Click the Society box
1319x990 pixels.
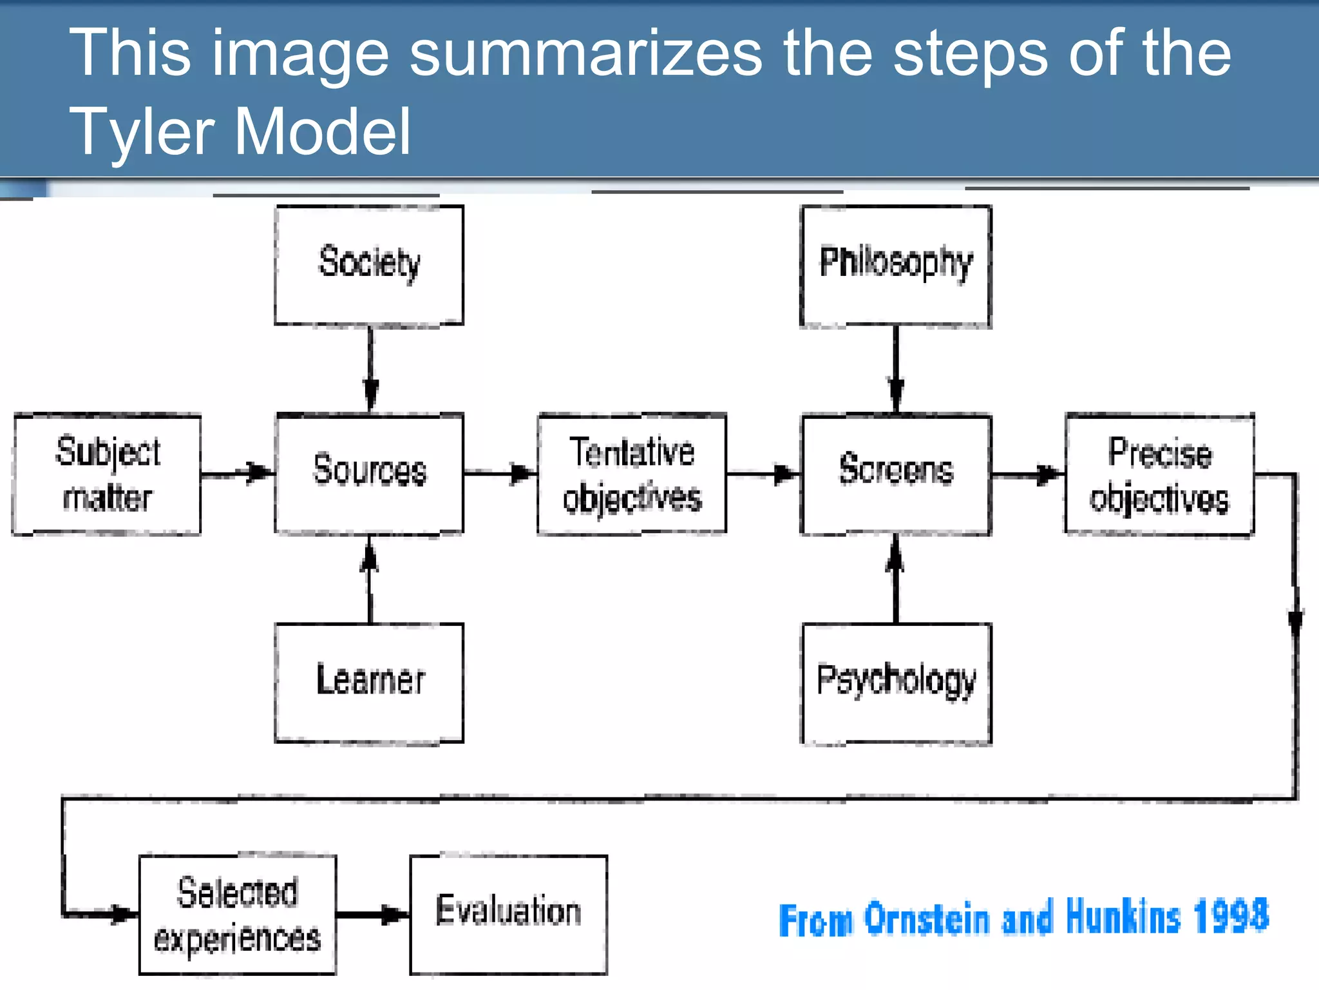point(369,265)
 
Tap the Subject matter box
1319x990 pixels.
point(107,474)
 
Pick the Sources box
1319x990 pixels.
point(369,474)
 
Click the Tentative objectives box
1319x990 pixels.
point(632,474)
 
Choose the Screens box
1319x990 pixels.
point(895,474)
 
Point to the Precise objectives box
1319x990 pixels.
point(1159,475)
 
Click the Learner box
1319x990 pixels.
point(369,683)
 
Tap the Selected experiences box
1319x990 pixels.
point(238,915)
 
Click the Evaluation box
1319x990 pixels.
point(508,915)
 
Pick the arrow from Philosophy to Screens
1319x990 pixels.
point(896,371)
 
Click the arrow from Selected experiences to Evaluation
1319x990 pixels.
point(372,915)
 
